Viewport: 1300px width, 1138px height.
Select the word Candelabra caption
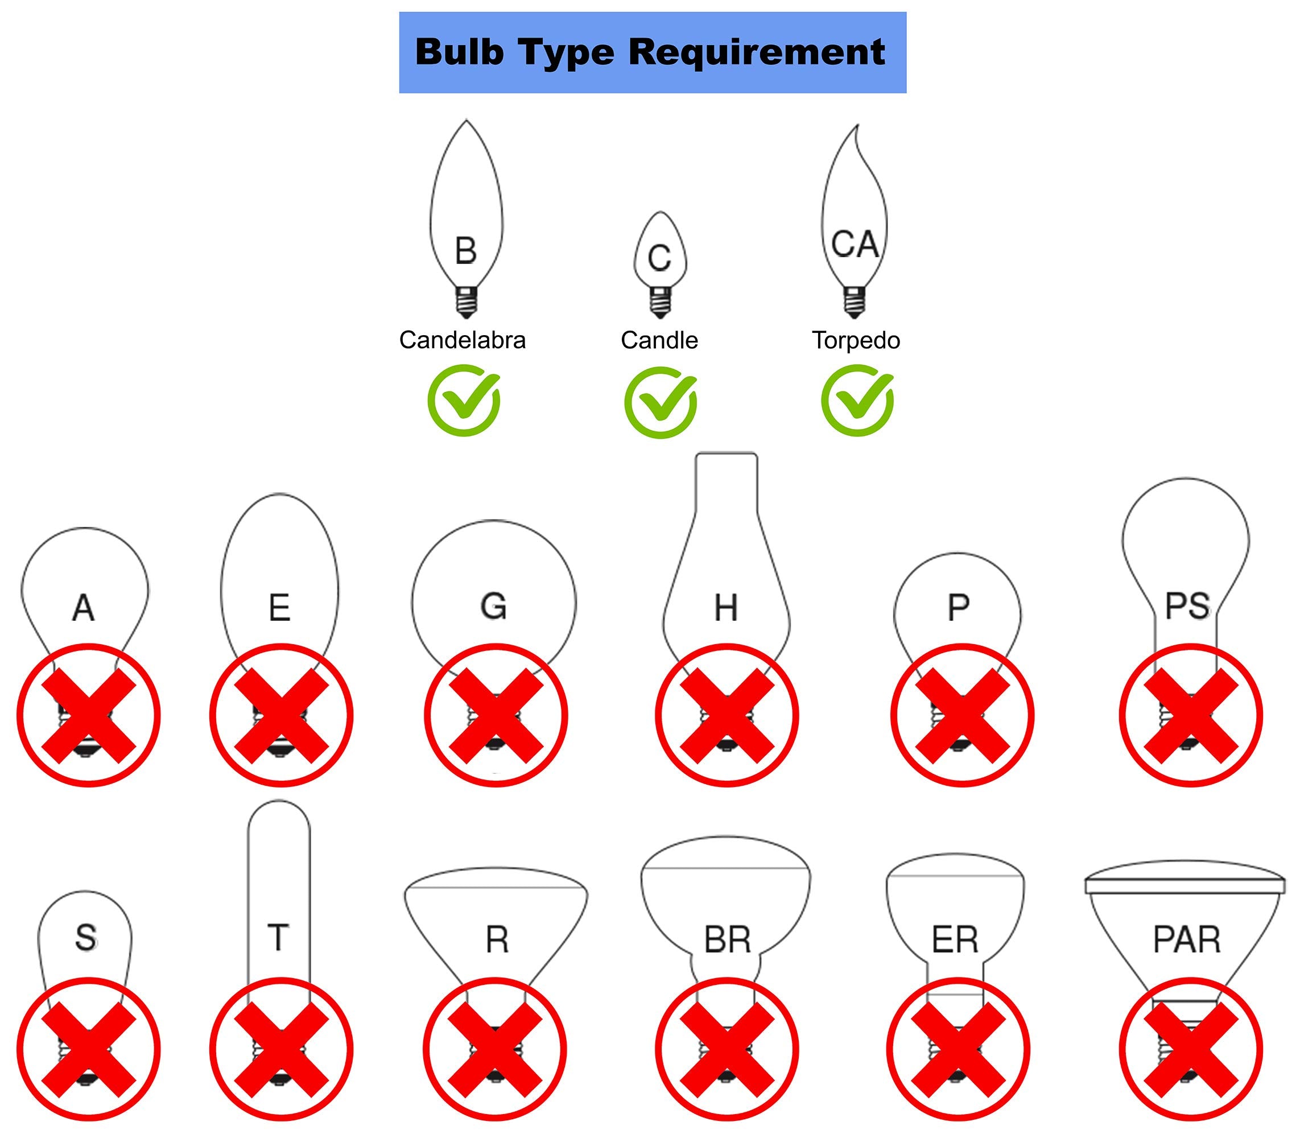click(463, 340)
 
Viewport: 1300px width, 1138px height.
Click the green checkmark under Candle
click(661, 402)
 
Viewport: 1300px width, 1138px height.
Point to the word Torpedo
click(856, 340)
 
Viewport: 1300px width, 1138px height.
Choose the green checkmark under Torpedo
click(857, 401)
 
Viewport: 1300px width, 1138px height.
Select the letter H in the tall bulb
click(726, 608)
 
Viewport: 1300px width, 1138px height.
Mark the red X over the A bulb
click(88, 715)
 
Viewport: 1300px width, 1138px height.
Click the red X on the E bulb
click(280, 715)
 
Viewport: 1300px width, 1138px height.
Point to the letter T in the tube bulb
click(278, 937)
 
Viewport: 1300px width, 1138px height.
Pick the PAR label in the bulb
click(1186, 940)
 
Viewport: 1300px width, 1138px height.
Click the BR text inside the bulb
click(727, 940)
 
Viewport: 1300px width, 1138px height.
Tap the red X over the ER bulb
click(958, 1049)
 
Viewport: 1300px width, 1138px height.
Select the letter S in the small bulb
click(86, 937)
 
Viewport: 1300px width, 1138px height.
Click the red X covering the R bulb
click(495, 1049)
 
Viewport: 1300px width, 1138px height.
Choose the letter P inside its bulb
click(958, 608)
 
